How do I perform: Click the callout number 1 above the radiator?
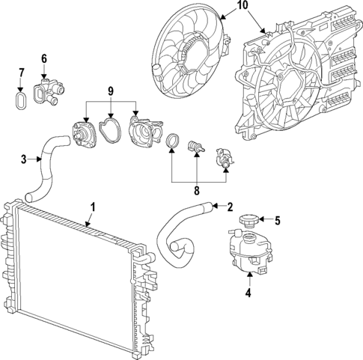click(92, 206)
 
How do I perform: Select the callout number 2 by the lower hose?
click(229, 206)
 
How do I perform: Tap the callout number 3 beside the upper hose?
click(23, 159)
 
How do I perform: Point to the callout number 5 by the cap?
click(276, 220)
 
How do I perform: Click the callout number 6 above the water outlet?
click(43, 58)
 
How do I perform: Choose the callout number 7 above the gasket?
click(21, 73)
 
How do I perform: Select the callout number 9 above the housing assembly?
click(111, 91)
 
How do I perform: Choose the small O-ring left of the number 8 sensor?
click(172, 141)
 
